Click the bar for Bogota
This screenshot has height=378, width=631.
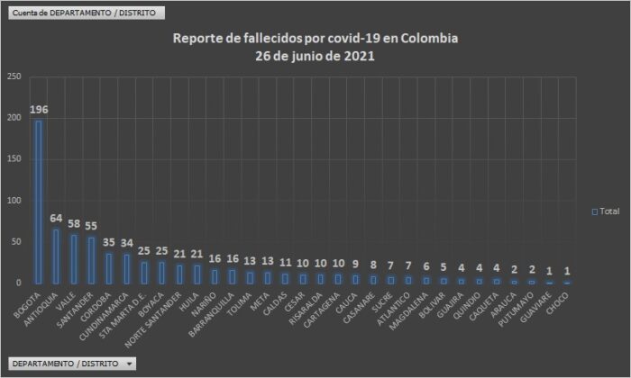tap(38, 202)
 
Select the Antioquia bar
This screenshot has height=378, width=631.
tap(56, 256)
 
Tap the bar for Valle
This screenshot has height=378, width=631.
tap(73, 259)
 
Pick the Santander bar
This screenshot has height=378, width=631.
tap(91, 260)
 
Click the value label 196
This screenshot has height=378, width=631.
tap(38, 110)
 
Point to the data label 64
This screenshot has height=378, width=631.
tap(56, 218)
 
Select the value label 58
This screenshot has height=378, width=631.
tap(73, 223)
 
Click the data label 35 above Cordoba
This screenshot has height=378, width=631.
tap(108, 242)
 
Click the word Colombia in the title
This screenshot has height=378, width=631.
tap(428, 39)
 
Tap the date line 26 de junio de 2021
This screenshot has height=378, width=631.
tap(315, 55)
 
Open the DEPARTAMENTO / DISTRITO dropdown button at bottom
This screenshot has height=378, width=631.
tap(73, 364)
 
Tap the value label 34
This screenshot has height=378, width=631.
tap(126, 243)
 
